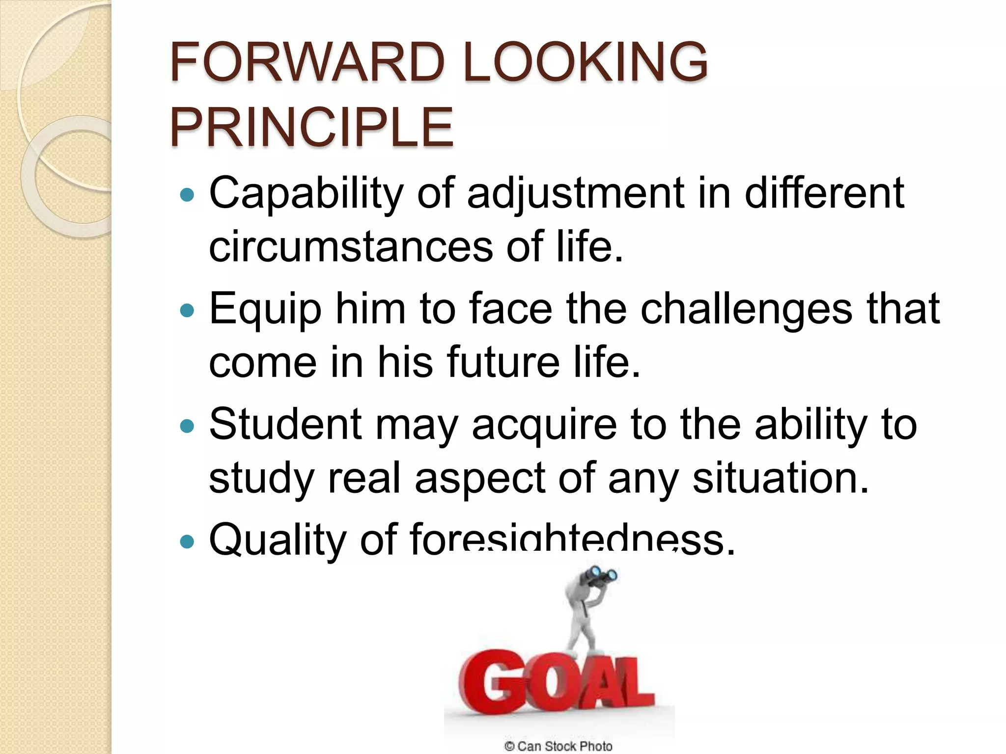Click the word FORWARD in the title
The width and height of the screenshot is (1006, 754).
pyautogui.click(x=307, y=62)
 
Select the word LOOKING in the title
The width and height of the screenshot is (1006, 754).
pyautogui.click(x=585, y=62)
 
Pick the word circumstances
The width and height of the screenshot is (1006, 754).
pyautogui.click(x=351, y=246)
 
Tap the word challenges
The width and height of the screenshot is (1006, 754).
pyautogui.click(x=746, y=309)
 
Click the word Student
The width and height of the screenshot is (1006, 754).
pyautogui.click(x=285, y=424)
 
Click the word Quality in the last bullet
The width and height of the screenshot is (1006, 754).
pyautogui.click(x=278, y=540)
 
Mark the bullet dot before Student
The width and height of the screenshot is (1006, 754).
pyautogui.click(x=187, y=426)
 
